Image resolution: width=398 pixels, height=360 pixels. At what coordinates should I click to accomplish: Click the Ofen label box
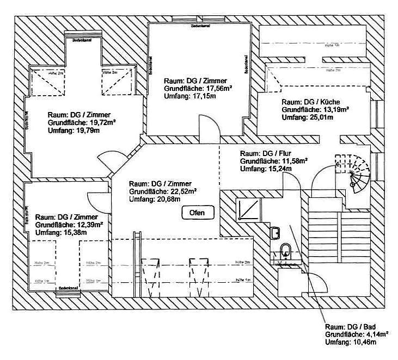[x=197, y=213]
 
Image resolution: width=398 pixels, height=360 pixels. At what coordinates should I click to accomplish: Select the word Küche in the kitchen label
[x=330, y=102]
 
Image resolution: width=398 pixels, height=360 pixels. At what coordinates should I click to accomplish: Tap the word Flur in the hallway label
[x=285, y=153]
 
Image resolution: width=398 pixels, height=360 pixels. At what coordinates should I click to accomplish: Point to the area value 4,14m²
[x=376, y=334]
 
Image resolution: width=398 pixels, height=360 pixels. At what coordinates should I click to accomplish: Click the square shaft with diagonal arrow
[x=248, y=209]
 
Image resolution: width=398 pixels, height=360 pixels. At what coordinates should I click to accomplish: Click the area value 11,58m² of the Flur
[x=294, y=161]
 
